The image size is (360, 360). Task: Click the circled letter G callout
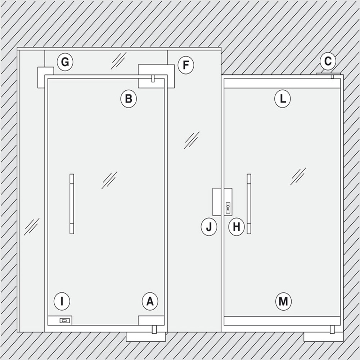(65, 62)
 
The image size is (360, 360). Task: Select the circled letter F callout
(186, 65)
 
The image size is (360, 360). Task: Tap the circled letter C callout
(328, 61)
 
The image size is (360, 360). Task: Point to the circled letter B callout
(129, 99)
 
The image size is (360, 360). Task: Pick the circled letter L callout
(283, 99)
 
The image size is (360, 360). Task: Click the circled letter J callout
(209, 227)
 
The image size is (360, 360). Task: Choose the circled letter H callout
(237, 227)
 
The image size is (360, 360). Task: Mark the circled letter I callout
(62, 301)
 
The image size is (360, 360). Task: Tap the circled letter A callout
(150, 301)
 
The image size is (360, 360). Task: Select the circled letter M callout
(283, 301)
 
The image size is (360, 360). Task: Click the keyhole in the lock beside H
(228, 208)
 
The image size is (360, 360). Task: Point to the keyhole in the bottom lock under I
(64, 320)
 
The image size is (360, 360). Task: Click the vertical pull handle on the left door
(72, 204)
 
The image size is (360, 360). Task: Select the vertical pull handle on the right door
(249, 204)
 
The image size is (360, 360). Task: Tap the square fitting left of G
(46, 77)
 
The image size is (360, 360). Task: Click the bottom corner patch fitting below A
(151, 320)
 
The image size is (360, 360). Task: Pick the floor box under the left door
(146, 337)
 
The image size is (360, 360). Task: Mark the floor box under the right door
(324, 337)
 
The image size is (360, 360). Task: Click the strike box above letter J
(217, 202)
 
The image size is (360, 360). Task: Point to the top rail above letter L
(282, 83)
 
